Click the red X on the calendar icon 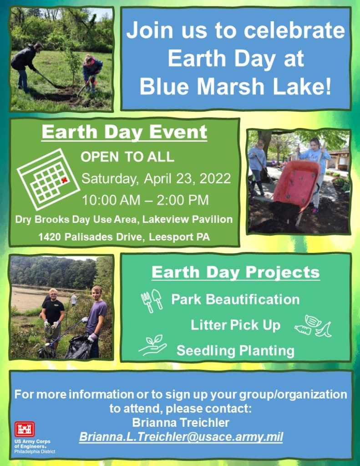tap(64, 180)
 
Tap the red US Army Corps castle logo tap(25, 429)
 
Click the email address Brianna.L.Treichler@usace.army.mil tap(181, 437)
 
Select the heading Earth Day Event tap(124, 132)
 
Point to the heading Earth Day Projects tap(236, 272)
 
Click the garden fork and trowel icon tap(152, 301)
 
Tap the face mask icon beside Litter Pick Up tap(313, 321)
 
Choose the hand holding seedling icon tap(152, 345)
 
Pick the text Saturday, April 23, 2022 tap(156, 179)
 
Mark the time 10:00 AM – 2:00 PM tap(145, 200)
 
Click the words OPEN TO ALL tap(127, 157)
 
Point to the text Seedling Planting tap(236, 351)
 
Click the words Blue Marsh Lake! tap(235, 87)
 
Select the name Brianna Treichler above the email tap(181, 422)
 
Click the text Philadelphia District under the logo tap(35, 452)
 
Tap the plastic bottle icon tap(303, 329)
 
